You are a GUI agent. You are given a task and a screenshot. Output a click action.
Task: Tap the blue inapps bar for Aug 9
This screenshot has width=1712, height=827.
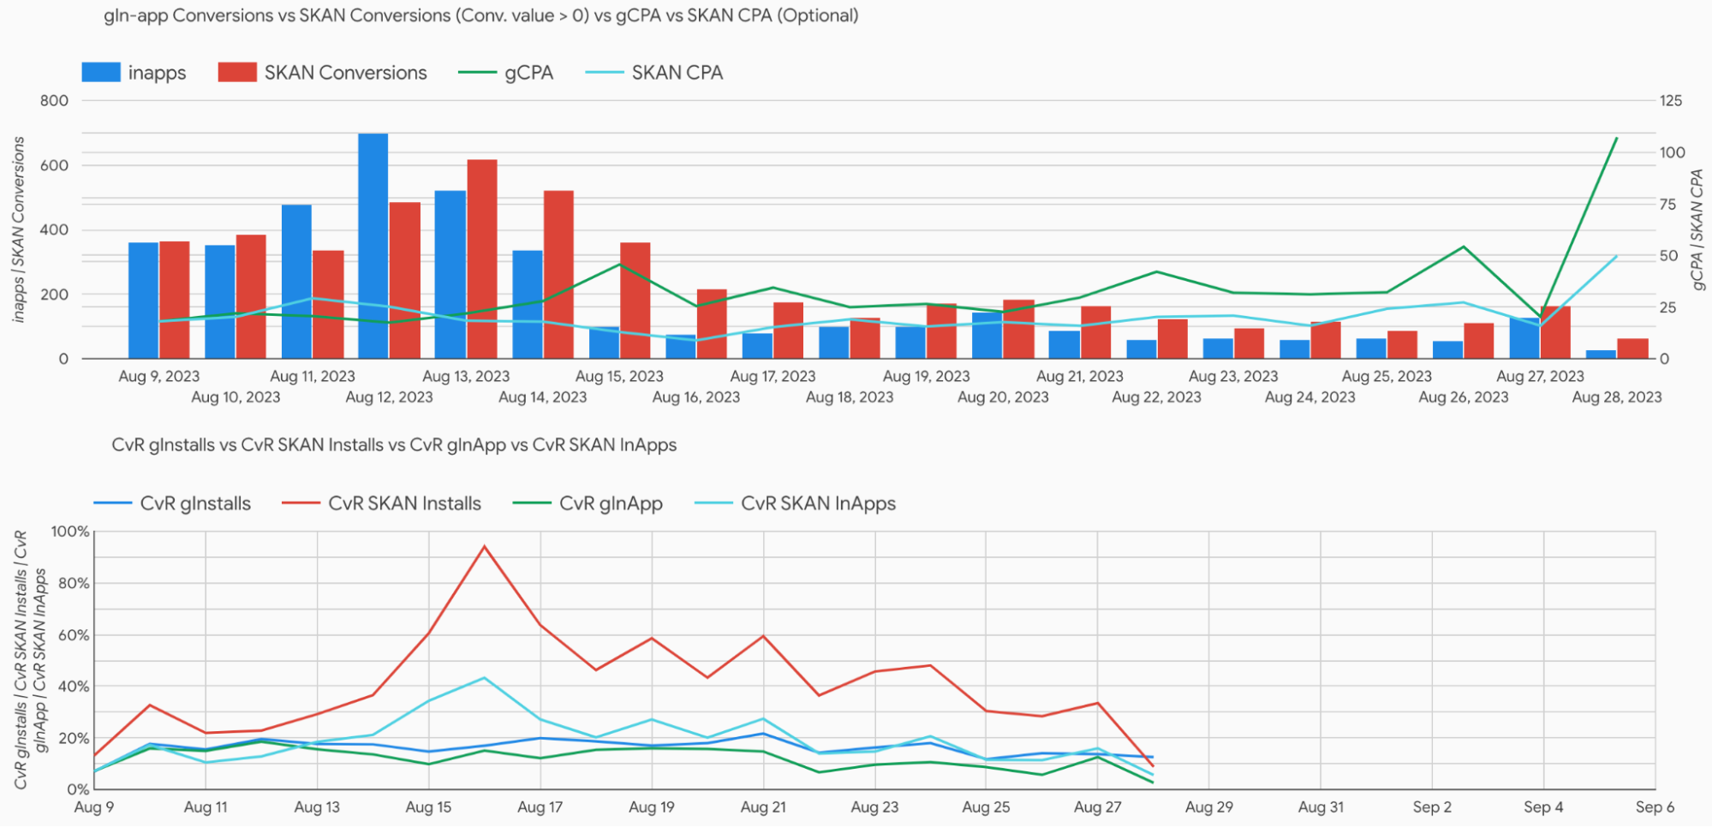pos(143,300)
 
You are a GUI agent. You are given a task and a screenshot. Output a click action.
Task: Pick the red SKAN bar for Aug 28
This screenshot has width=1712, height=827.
pos(1632,348)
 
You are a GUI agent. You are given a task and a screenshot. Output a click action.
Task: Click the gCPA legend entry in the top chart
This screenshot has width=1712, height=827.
pos(506,73)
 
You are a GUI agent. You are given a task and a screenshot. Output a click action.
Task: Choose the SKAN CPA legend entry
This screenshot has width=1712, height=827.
pos(655,73)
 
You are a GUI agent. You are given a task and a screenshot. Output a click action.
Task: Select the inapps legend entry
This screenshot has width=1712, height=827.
pos(134,73)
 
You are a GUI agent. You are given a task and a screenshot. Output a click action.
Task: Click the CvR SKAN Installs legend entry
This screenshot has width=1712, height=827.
pos(382,503)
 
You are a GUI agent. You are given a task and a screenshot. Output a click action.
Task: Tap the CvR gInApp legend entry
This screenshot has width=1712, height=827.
pos(588,503)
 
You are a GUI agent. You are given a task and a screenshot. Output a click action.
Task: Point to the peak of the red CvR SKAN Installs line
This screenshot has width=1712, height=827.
pos(485,546)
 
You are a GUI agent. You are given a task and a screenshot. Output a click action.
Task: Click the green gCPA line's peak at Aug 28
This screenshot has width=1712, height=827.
pos(1616,138)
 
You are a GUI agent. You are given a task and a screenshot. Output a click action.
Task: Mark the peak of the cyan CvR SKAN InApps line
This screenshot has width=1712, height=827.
pos(485,678)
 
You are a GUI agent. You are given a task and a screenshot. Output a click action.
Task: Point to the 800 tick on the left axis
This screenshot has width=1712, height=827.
pos(54,101)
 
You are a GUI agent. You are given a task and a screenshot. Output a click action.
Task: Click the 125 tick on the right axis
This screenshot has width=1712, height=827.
pos(1671,101)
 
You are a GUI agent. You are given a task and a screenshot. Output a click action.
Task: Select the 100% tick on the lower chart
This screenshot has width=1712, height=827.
pos(70,532)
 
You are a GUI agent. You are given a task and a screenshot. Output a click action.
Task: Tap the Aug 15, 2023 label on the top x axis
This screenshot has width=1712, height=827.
pos(619,377)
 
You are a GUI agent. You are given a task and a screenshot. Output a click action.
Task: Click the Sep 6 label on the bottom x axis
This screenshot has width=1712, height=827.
pos(1655,807)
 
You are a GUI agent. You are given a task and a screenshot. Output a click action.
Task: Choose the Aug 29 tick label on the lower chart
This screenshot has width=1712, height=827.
pos(1208,807)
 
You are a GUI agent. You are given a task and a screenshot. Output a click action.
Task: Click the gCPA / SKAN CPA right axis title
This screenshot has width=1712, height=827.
pos(1697,229)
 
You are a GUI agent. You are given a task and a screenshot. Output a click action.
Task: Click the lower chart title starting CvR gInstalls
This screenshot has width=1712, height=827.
pos(394,445)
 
